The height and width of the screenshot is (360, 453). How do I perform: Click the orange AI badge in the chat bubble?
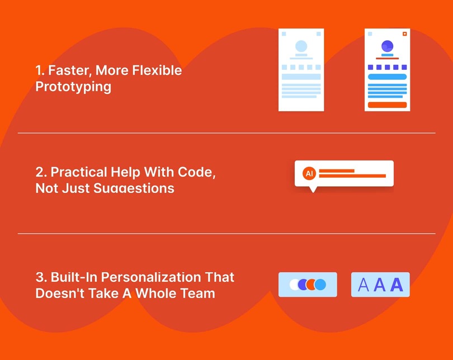[309, 173]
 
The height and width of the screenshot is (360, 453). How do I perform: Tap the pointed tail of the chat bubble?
[313, 190]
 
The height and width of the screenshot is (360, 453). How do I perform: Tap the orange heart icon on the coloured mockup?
[404, 34]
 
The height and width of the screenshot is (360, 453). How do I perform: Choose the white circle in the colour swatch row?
[294, 285]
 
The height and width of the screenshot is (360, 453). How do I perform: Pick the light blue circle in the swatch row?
[320, 285]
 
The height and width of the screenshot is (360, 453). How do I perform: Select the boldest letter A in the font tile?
[397, 285]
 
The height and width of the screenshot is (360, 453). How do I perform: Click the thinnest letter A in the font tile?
[364, 285]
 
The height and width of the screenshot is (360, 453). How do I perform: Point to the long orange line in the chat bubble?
[352, 176]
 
